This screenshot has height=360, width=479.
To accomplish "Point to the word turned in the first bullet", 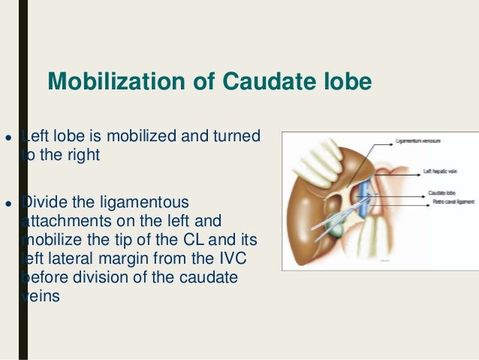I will click(238, 137).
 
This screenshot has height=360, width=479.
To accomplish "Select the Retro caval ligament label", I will click(442, 201).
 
